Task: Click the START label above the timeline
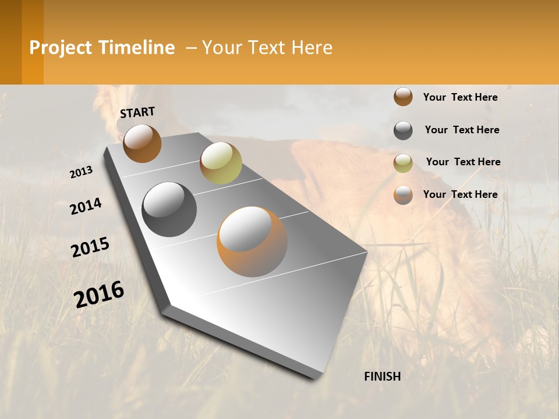(x=137, y=112)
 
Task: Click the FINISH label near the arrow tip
(x=382, y=377)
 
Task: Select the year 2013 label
(x=82, y=172)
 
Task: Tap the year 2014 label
(x=86, y=207)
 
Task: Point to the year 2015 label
(x=90, y=247)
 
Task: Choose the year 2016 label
(x=99, y=294)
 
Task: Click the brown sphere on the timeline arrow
(x=142, y=144)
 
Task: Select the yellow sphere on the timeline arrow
(x=221, y=162)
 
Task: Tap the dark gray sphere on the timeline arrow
(x=169, y=210)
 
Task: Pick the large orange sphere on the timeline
(x=252, y=242)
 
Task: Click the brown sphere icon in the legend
(x=403, y=97)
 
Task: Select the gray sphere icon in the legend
(x=403, y=130)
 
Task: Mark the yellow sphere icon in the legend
(x=403, y=163)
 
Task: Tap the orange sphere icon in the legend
(x=403, y=195)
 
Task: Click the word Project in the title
(x=61, y=48)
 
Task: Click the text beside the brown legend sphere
(x=460, y=97)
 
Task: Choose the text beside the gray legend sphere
(x=462, y=130)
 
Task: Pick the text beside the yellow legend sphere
(x=463, y=162)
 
